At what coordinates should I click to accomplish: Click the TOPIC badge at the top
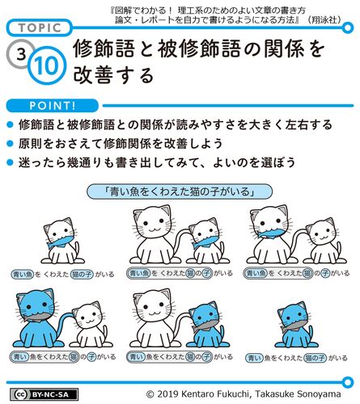(x=40, y=27)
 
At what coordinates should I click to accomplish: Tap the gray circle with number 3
(x=20, y=54)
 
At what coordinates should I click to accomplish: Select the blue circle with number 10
(x=47, y=65)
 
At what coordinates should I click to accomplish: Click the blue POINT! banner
(x=53, y=106)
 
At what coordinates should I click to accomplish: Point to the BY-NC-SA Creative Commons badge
(x=44, y=394)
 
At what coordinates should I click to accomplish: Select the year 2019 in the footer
(x=167, y=394)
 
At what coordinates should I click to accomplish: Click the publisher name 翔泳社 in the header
(x=325, y=19)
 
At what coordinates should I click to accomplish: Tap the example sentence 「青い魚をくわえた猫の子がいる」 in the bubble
(x=180, y=191)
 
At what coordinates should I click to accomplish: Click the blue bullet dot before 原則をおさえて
(x=10, y=144)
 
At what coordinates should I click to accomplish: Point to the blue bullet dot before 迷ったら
(x=10, y=162)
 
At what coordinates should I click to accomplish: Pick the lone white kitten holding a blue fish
(x=62, y=241)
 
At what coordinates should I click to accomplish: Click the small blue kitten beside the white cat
(x=208, y=325)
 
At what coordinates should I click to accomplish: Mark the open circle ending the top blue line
(x=348, y=27)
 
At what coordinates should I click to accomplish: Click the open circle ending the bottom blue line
(x=348, y=382)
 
